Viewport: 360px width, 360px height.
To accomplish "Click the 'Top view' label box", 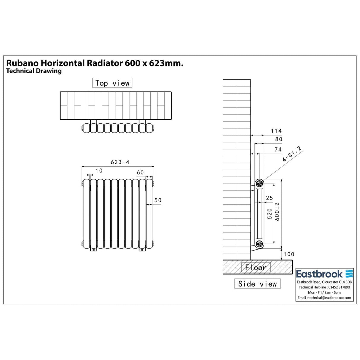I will [x=112, y=83].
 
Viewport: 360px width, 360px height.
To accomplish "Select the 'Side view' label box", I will [x=257, y=284].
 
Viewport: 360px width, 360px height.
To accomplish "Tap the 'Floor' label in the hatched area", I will [x=256, y=267].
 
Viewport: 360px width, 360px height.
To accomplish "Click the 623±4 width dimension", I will [x=120, y=162].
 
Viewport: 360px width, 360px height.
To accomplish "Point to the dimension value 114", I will [x=276, y=131].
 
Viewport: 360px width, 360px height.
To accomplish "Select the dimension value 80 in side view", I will [x=279, y=139].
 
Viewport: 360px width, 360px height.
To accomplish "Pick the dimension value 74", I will [x=278, y=149].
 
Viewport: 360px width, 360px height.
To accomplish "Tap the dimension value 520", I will [x=270, y=214].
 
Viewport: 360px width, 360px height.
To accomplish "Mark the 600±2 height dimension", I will [x=277, y=212].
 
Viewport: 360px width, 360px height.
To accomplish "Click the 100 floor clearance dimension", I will [x=289, y=254].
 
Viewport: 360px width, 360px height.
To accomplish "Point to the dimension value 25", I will [x=269, y=198].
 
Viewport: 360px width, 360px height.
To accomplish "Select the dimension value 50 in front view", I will [x=158, y=200].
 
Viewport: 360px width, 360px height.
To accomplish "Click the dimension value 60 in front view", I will [x=140, y=173].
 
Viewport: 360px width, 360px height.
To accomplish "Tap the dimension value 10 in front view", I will [x=99, y=171].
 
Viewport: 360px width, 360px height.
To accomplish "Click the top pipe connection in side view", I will [x=259, y=184].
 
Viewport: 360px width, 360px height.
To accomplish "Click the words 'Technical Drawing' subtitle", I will [x=34, y=71].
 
